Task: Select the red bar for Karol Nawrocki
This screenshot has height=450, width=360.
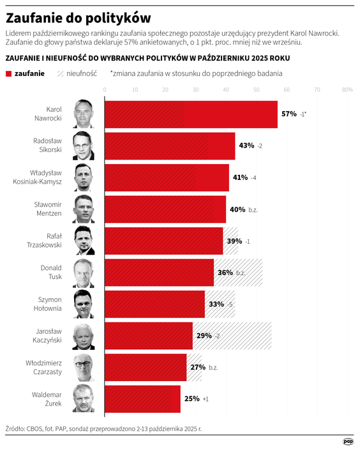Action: click(190, 114)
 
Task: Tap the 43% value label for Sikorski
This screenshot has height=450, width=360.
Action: click(246, 146)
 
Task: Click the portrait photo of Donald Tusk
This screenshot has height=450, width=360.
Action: click(84, 273)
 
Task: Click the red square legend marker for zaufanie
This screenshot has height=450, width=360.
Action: click(8, 73)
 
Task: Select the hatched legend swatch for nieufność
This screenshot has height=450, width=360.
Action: click(60, 73)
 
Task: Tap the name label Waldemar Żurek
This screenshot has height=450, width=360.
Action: click(47, 399)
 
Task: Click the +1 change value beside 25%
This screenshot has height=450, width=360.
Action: click(206, 399)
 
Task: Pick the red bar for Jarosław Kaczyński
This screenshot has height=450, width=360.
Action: click(147, 336)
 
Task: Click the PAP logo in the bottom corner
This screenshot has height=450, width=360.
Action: click(348, 441)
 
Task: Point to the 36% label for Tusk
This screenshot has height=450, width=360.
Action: click(225, 273)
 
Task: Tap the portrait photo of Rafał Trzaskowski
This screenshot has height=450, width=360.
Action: click(84, 241)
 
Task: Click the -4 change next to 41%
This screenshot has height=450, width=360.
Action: click(253, 177)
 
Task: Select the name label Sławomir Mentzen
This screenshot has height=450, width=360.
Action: click(47, 209)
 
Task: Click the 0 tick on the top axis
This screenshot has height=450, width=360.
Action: click(105, 90)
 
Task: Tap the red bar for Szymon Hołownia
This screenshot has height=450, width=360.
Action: click(154, 304)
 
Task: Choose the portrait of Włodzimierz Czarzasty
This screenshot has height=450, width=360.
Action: click(84, 368)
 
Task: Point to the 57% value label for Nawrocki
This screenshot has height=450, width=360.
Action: click(289, 114)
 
